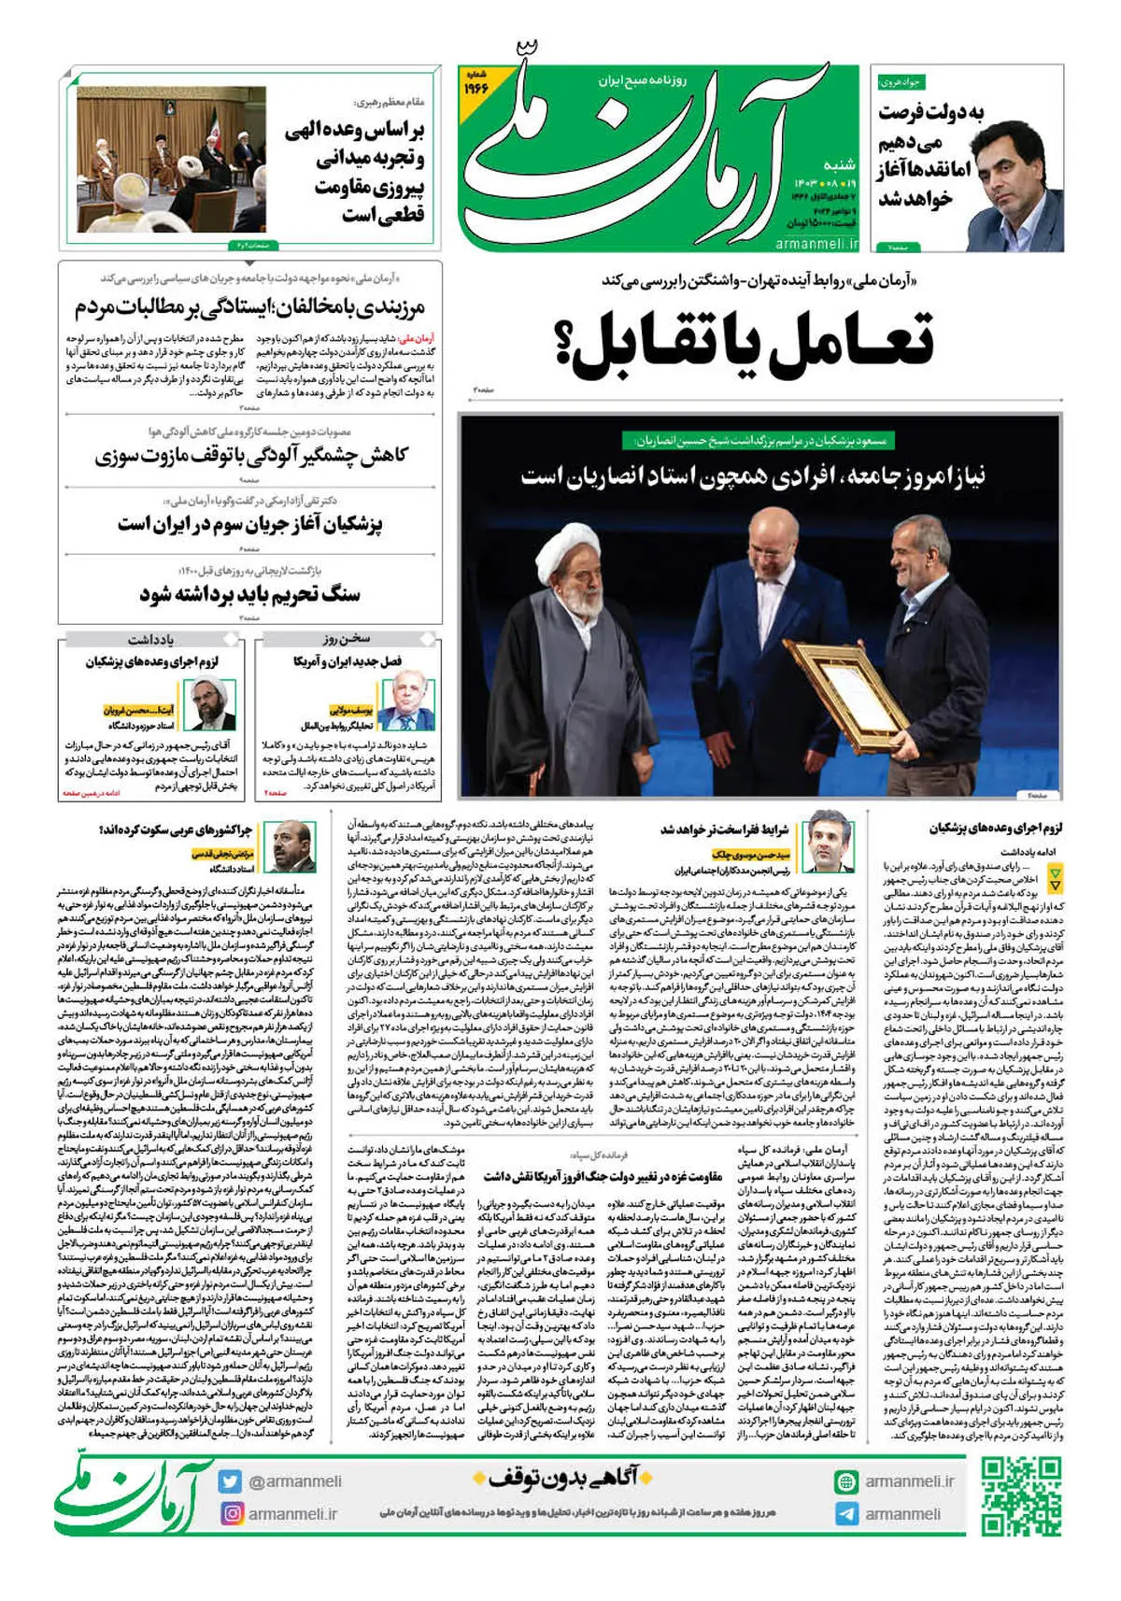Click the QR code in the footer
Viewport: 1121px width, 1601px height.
[x=1021, y=1497]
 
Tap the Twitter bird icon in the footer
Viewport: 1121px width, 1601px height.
[x=230, y=1481]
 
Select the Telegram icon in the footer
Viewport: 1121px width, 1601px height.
[x=846, y=1514]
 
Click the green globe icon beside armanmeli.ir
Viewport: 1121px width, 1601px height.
[x=846, y=1481]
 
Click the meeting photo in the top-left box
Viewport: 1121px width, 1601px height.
[x=171, y=160]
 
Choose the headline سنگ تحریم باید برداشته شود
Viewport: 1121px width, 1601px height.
[x=249, y=594]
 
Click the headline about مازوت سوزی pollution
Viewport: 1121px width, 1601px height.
[x=251, y=456]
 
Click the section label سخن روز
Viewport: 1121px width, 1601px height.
[x=347, y=639]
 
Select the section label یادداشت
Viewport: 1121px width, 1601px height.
[x=150, y=640]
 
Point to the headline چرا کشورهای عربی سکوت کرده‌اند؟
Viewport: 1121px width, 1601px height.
[x=177, y=829]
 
